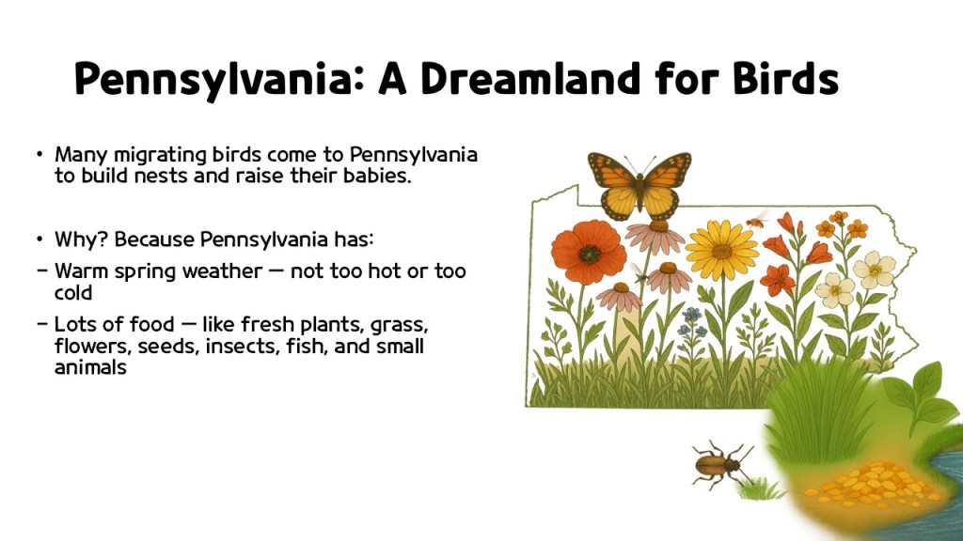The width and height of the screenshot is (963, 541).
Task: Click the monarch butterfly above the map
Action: (x=639, y=183)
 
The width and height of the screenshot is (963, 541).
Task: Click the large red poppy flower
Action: (x=589, y=251)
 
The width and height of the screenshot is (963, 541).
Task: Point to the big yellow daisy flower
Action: (x=721, y=249)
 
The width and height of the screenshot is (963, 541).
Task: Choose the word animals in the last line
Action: (x=90, y=368)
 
